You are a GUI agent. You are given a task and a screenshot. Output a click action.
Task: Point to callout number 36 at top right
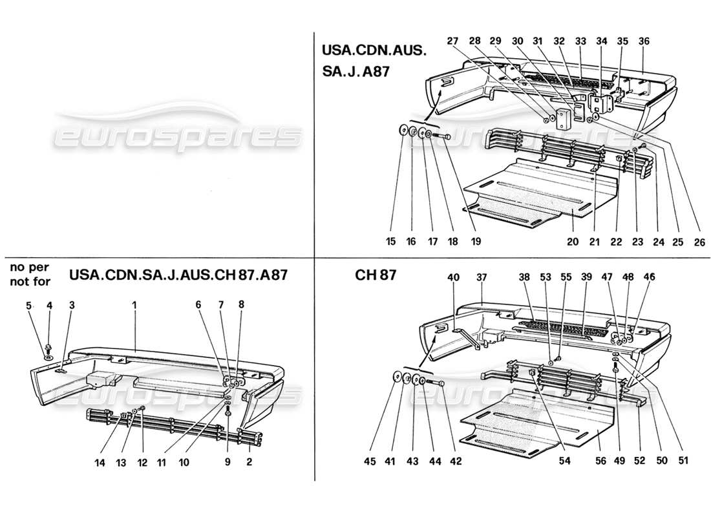(644, 41)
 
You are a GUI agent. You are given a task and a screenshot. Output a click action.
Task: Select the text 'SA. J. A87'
(355, 72)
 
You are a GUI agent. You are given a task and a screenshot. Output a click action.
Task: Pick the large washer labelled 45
(395, 377)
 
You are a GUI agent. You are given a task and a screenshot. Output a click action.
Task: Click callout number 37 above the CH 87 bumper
(482, 277)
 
